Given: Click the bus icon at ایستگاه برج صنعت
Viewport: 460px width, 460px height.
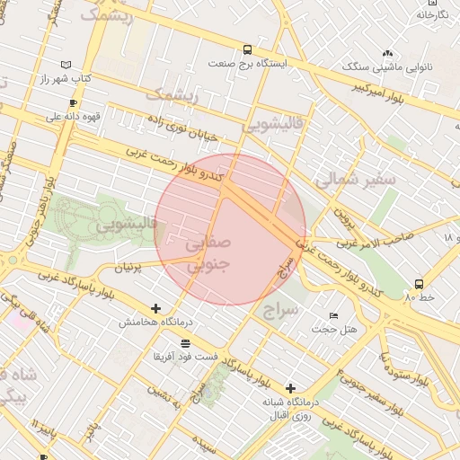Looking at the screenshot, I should coord(247,49).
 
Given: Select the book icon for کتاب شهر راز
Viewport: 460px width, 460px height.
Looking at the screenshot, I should coord(66,65).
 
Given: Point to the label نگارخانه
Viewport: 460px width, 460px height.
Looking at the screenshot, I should coord(431,14).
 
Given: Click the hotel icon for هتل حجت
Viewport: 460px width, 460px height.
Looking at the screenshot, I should coord(334,315).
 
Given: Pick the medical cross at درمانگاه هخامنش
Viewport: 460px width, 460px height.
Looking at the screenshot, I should coord(156,307).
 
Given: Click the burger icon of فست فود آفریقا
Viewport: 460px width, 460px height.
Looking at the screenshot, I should coord(185,344).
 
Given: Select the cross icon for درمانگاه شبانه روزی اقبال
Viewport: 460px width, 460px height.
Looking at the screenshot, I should coord(289,388).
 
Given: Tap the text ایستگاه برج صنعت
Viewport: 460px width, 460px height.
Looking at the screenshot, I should coord(247,64).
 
